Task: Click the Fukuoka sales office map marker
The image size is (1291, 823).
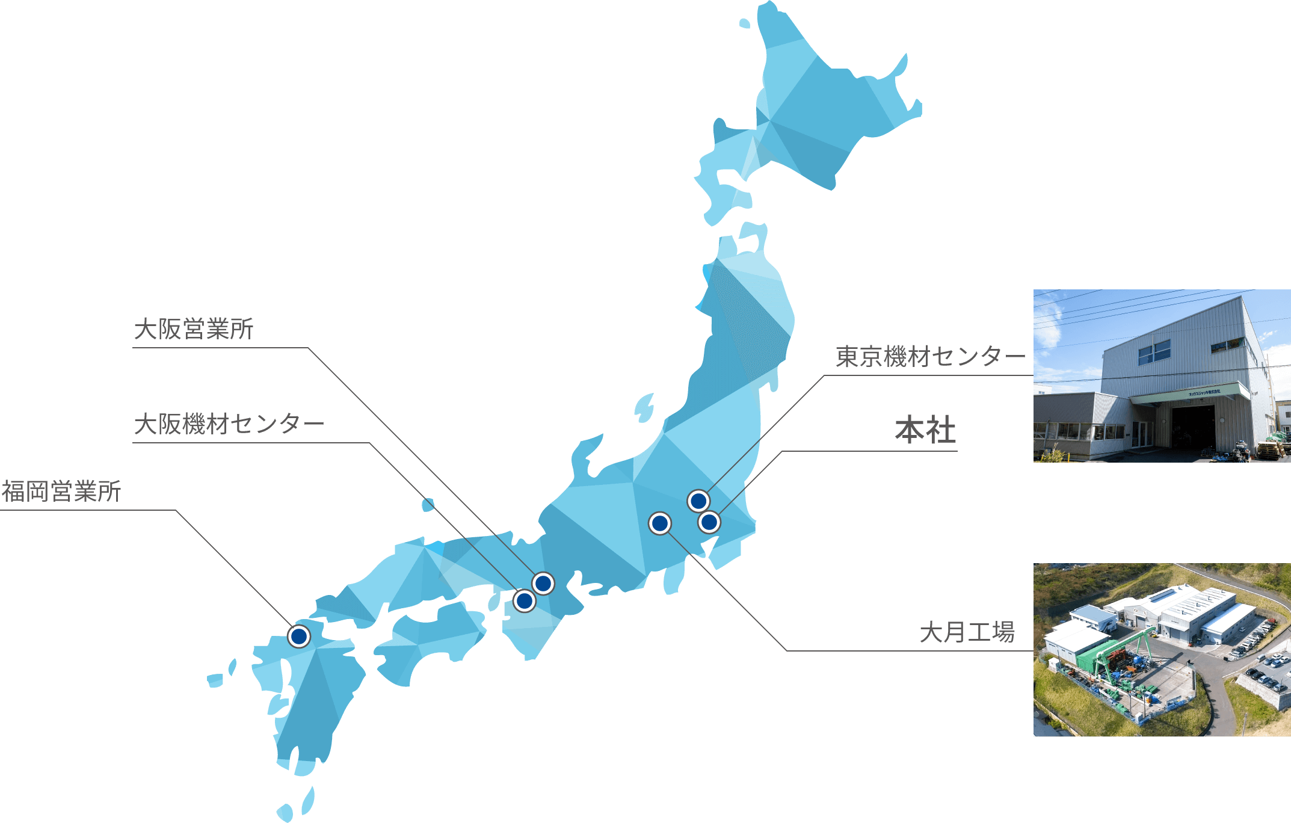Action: (299, 636)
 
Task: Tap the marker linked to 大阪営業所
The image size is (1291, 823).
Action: (543, 583)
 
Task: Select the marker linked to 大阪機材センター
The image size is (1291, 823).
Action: (525, 600)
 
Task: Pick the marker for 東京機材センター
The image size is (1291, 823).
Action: (698, 501)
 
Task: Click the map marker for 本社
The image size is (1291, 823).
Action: (709, 522)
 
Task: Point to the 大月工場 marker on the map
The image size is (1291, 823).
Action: (660, 523)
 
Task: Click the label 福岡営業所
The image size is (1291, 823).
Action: (61, 492)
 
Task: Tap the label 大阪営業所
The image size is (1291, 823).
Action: (194, 329)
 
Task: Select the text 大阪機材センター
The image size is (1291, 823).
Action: (229, 424)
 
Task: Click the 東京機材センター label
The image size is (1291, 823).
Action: (930, 357)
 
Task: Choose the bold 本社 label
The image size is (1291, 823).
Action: (925, 431)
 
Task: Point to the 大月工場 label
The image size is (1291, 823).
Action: (967, 632)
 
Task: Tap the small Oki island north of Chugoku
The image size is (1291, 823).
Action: (428, 504)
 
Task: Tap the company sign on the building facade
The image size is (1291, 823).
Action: (1204, 392)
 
